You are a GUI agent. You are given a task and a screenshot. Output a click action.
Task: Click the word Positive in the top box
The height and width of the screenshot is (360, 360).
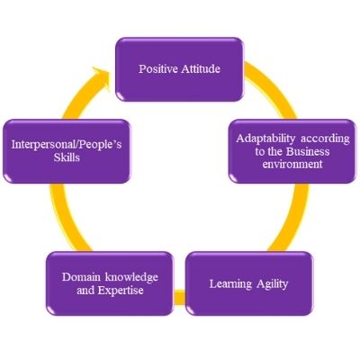[158, 69]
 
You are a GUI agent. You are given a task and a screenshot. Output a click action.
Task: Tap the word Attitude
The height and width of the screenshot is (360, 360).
[201, 69]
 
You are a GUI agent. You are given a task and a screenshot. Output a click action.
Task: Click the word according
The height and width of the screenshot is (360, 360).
[325, 139]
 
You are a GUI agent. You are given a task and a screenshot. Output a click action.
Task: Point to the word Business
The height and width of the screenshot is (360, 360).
[308, 151]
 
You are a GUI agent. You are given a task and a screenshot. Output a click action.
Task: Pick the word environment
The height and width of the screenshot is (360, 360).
[292, 164]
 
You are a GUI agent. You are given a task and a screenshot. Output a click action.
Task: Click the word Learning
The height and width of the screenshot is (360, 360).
[230, 284]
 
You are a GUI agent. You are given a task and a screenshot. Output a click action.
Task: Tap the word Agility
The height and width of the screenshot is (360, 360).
[272, 284]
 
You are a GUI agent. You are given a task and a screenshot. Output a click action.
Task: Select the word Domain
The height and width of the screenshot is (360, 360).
[81, 276]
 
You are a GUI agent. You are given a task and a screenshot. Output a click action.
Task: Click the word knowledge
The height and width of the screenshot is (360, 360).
[131, 277]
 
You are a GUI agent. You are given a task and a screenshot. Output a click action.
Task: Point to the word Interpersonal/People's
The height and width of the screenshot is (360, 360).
[67, 145]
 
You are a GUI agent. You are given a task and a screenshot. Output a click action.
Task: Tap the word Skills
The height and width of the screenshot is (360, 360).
[67, 157]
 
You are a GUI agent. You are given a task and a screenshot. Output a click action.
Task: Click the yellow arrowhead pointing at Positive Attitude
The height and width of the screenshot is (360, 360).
[101, 77]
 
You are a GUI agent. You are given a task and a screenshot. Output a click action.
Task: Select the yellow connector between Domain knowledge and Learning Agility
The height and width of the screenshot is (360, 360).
[180, 297]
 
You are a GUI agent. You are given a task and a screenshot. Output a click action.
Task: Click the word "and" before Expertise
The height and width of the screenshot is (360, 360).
[85, 291]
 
